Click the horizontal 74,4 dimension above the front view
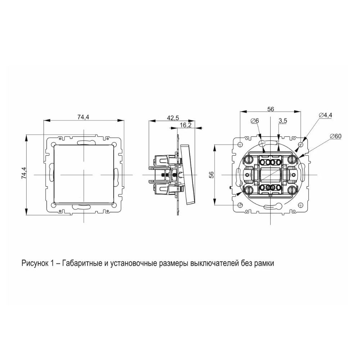(x=84, y=117)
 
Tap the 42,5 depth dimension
(x=173, y=118)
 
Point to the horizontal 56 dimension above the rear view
(x=271, y=109)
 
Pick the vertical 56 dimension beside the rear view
(x=211, y=175)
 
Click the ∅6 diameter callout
(x=255, y=120)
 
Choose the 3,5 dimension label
(x=283, y=121)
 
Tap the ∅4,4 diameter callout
(x=325, y=115)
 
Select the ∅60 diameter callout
(x=336, y=136)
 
